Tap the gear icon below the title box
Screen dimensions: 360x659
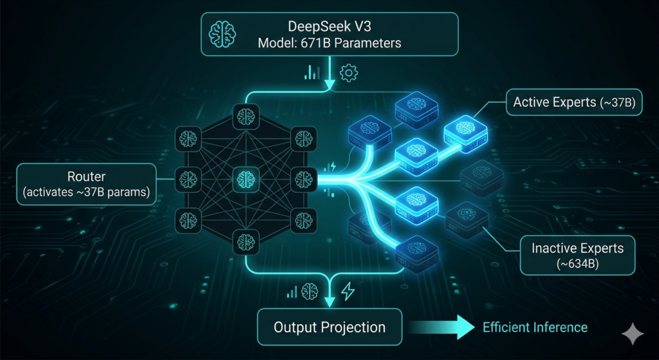click(348, 73)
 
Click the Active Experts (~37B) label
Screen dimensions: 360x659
click(574, 102)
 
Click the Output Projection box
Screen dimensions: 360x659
click(329, 327)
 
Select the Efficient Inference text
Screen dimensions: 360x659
click(535, 327)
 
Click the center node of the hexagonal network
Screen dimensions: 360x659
click(245, 177)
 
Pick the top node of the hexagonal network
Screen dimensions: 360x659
click(245, 117)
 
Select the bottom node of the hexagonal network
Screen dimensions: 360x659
click(245, 241)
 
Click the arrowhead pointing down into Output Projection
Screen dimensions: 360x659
click(330, 301)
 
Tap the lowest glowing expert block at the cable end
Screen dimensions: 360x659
click(412, 252)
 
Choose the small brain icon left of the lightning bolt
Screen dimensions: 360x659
click(311, 291)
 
